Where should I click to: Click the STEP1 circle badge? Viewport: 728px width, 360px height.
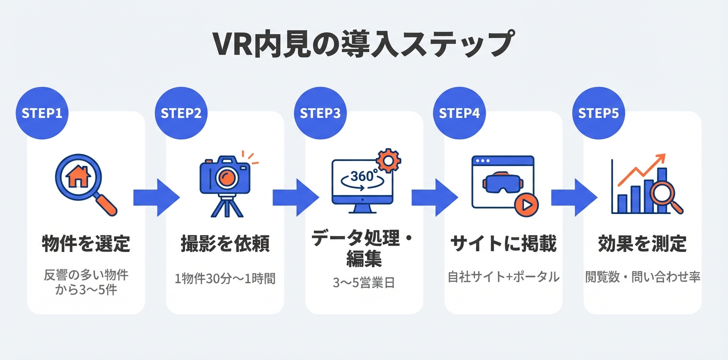[42, 113]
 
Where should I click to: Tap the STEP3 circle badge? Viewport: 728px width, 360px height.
[320, 113]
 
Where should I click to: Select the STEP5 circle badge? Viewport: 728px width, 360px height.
[598, 113]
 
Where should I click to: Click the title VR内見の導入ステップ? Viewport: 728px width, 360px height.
[363, 44]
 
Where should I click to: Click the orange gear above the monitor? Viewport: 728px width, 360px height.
[387, 159]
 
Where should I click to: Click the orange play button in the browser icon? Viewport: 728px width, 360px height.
[526, 204]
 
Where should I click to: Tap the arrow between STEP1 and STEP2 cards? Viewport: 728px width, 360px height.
[156, 197]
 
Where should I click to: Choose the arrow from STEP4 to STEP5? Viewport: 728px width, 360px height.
[574, 197]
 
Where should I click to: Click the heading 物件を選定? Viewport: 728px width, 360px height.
[85, 244]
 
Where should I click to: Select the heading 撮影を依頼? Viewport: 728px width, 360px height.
[225, 244]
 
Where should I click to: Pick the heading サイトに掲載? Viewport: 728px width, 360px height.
[503, 244]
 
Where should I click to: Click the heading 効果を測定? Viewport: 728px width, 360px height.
[642, 244]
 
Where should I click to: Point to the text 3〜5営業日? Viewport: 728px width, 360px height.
[364, 282]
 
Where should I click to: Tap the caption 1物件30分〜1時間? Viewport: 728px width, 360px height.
[225, 278]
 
